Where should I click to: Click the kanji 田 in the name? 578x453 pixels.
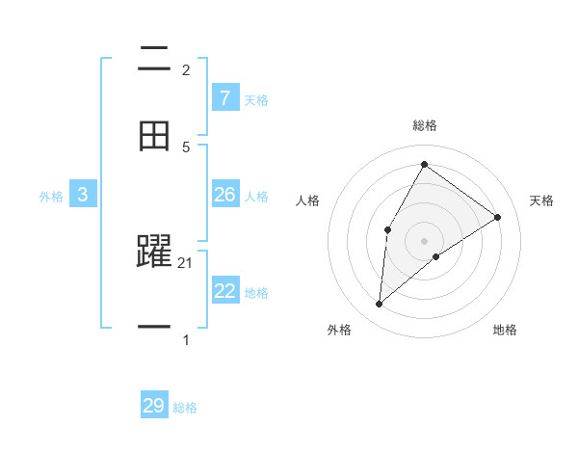point(154,136)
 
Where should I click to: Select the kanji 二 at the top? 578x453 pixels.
point(154,61)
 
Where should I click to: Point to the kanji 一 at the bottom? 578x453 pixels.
point(154,327)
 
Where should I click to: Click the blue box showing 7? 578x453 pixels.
point(224,97)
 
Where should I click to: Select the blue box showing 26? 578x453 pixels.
point(224,195)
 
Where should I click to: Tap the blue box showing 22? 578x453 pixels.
point(224,290)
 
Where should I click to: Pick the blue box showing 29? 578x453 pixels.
point(154,406)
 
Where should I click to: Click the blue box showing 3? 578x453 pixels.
point(83,195)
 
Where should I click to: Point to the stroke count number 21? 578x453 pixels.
point(187,263)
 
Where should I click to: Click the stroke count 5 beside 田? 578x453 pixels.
point(186,147)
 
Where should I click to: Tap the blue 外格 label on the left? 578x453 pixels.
point(51,197)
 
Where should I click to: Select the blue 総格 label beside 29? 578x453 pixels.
point(185,408)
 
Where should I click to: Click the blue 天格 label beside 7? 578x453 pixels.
point(255,99)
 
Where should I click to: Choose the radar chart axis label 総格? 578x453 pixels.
point(425,125)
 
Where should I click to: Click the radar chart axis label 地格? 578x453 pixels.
point(505,330)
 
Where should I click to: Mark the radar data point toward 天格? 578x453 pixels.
point(497,217)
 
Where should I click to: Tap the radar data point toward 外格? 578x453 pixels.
point(380,305)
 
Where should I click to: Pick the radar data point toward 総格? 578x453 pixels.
point(424,164)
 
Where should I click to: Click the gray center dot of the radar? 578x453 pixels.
point(424,240)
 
